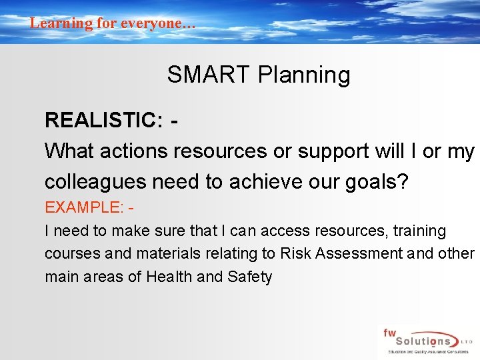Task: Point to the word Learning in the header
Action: click(61, 23)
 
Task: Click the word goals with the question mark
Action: click(375, 181)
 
